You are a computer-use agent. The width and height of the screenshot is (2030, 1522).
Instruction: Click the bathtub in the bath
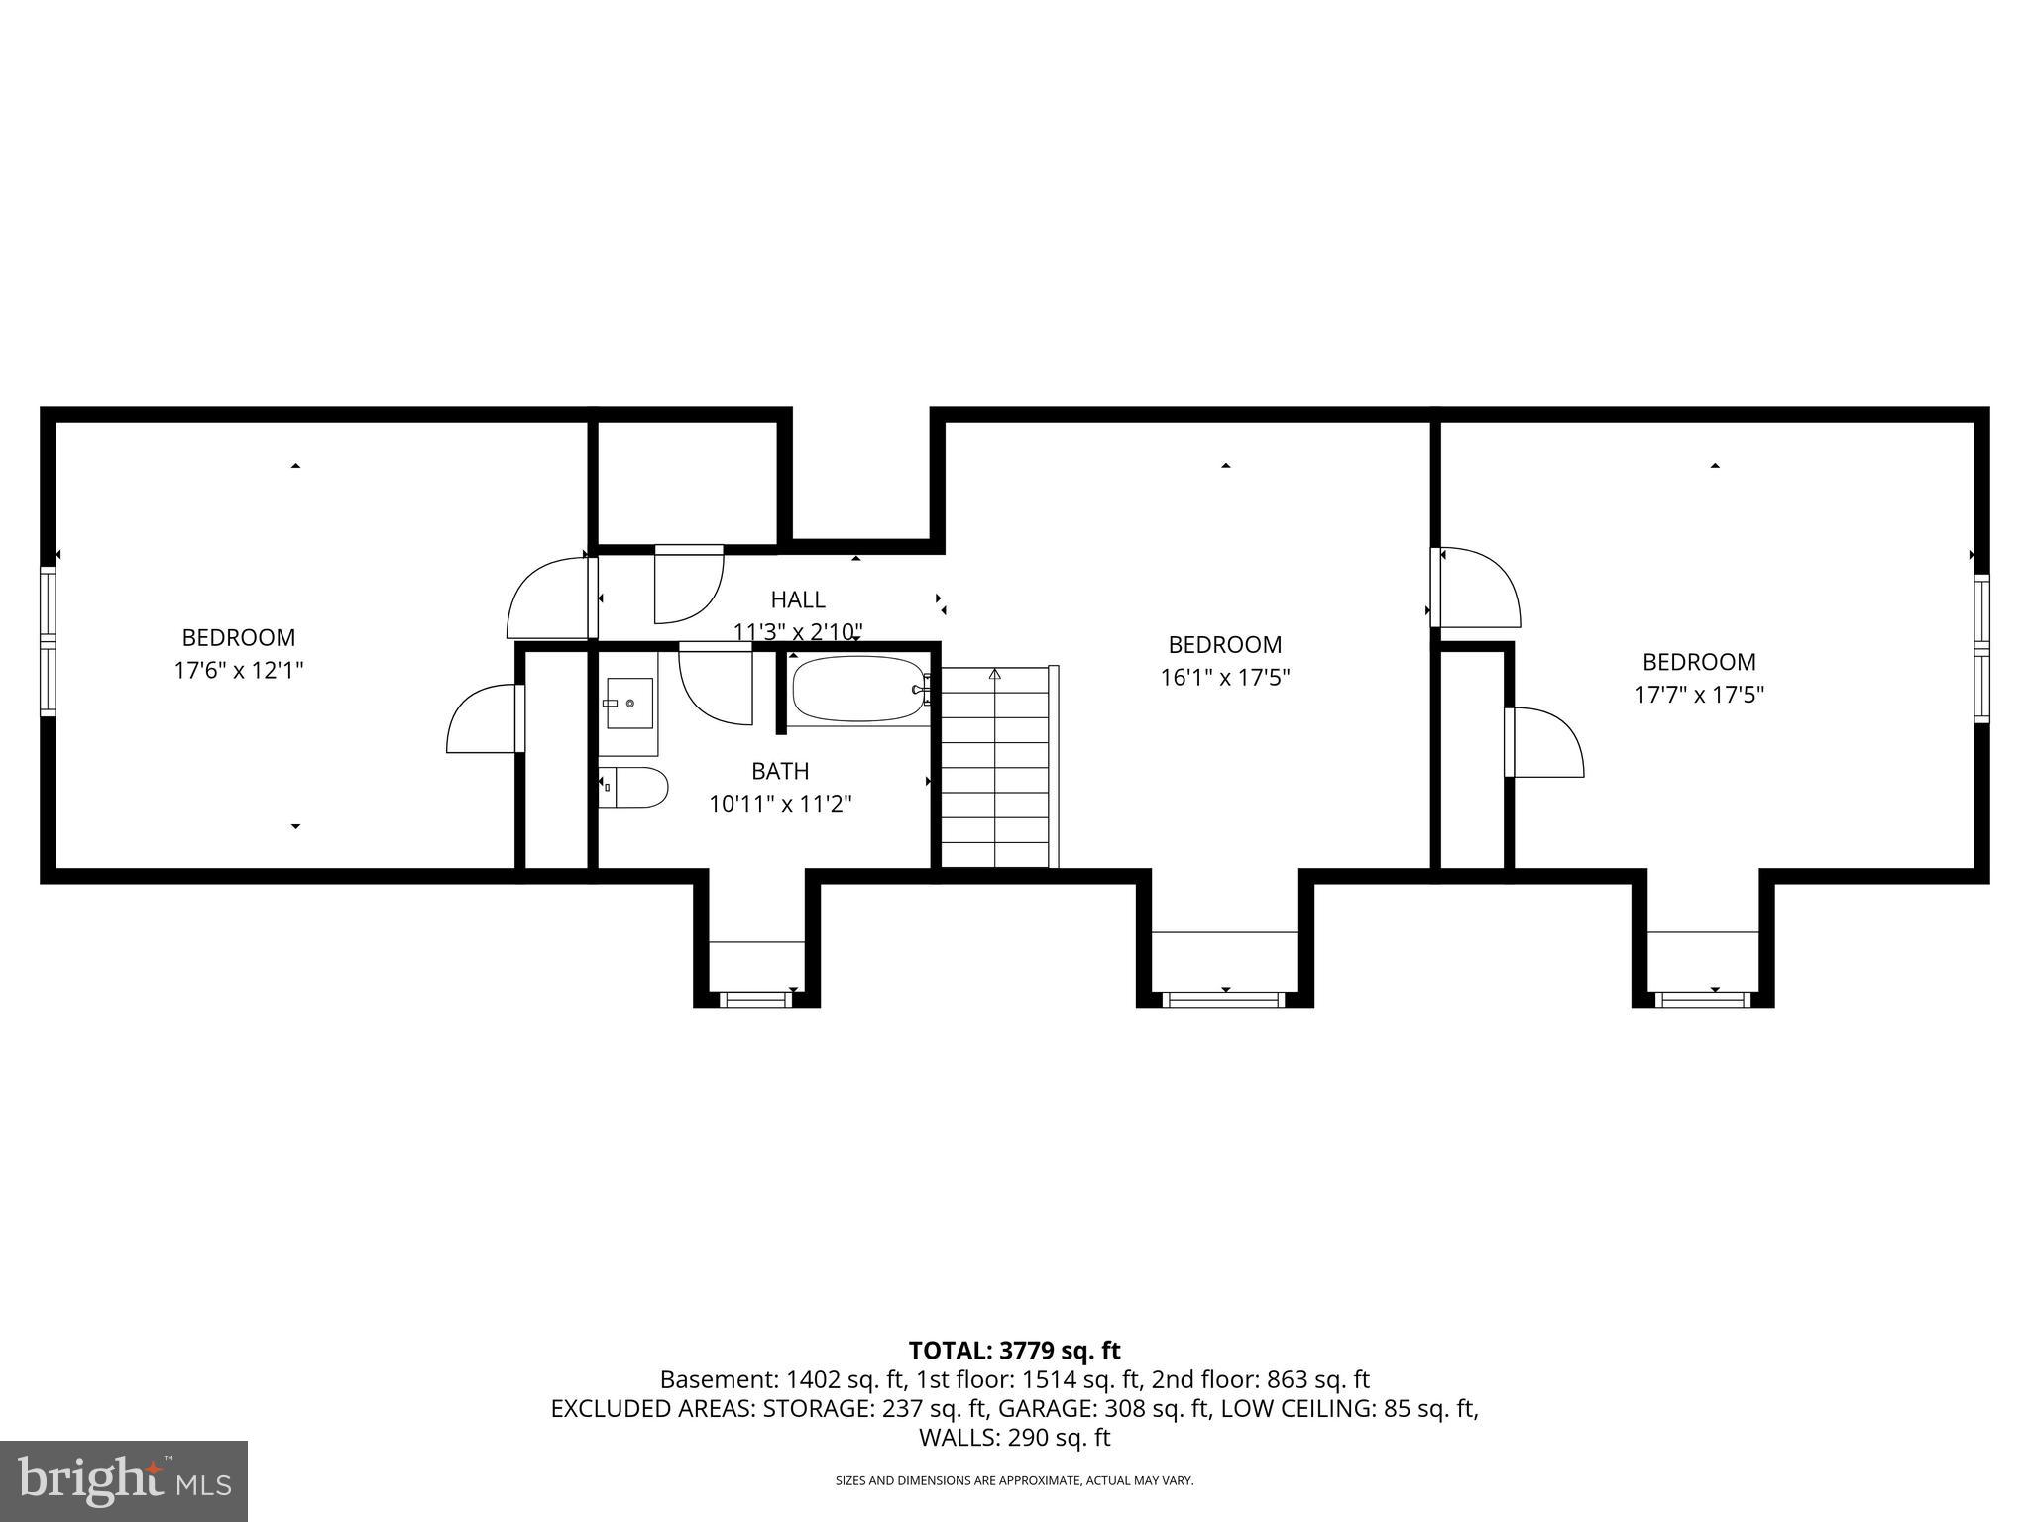click(x=857, y=689)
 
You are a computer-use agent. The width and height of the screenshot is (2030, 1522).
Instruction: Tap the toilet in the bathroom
click(x=633, y=787)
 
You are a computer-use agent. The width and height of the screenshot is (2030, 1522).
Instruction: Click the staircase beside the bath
click(x=994, y=768)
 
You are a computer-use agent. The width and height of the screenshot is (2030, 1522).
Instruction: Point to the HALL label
click(x=798, y=599)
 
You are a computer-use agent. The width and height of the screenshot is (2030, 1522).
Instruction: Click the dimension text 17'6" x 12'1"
click(x=239, y=671)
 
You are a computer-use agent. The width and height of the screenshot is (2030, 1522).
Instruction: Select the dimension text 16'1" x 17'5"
click(x=1225, y=678)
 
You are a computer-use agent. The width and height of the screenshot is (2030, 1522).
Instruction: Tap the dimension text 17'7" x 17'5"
click(x=1699, y=695)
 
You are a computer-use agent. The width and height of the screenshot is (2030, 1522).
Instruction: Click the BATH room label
click(x=780, y=771)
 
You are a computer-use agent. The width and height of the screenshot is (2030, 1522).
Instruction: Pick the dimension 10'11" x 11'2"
click(x=780, y=804)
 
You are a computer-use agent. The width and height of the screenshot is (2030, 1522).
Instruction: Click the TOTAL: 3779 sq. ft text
click(x=1014, y=1351)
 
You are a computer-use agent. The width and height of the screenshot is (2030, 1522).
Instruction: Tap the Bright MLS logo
click(x=124, y=1480)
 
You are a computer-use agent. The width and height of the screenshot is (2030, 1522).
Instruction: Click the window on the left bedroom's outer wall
click(x=47, y=641)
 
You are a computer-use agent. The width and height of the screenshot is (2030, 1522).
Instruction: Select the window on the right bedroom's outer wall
click(x=1981, y=648)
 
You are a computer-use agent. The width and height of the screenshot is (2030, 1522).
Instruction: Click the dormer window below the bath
click(x=756, y=1000)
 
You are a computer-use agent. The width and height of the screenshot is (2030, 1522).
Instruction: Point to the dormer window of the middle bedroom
click(x=1224, y=1000)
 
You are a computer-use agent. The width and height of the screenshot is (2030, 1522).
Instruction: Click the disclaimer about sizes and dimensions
click(x=1014, y=1480)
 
